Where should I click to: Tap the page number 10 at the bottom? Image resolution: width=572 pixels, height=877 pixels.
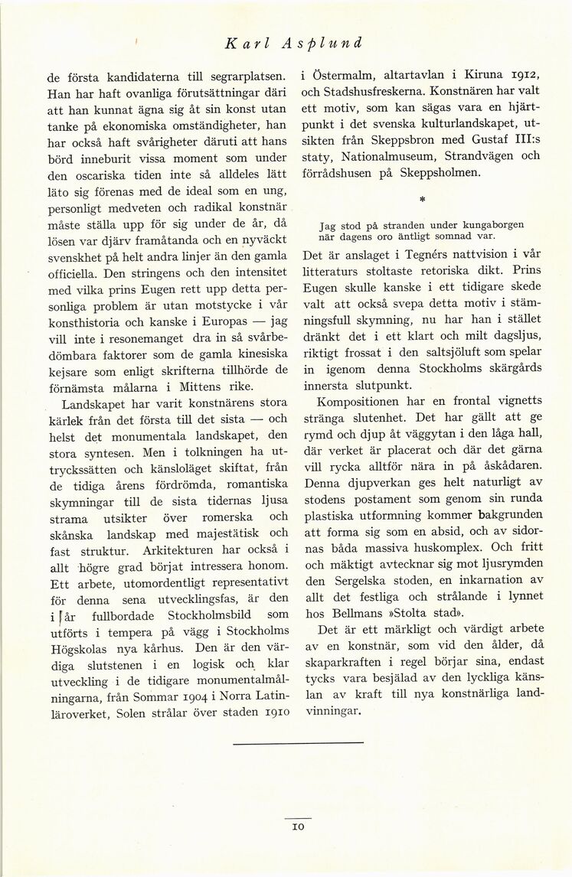tap(299, 826)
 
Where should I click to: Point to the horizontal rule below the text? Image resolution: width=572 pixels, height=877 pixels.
tap(298, 742)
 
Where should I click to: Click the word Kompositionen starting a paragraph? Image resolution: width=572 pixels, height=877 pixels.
tap(361, 401)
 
